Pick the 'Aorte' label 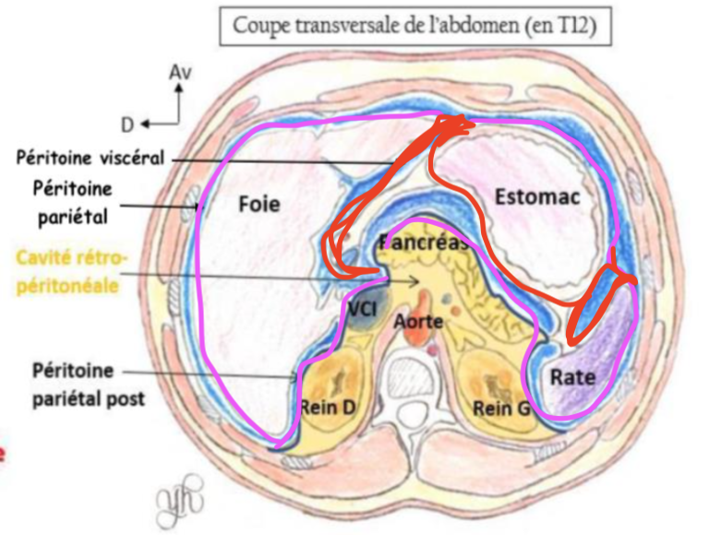click(x=419, y=322)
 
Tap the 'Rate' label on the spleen click(x=572, y=376)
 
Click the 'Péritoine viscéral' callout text click(x=90, y=158)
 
